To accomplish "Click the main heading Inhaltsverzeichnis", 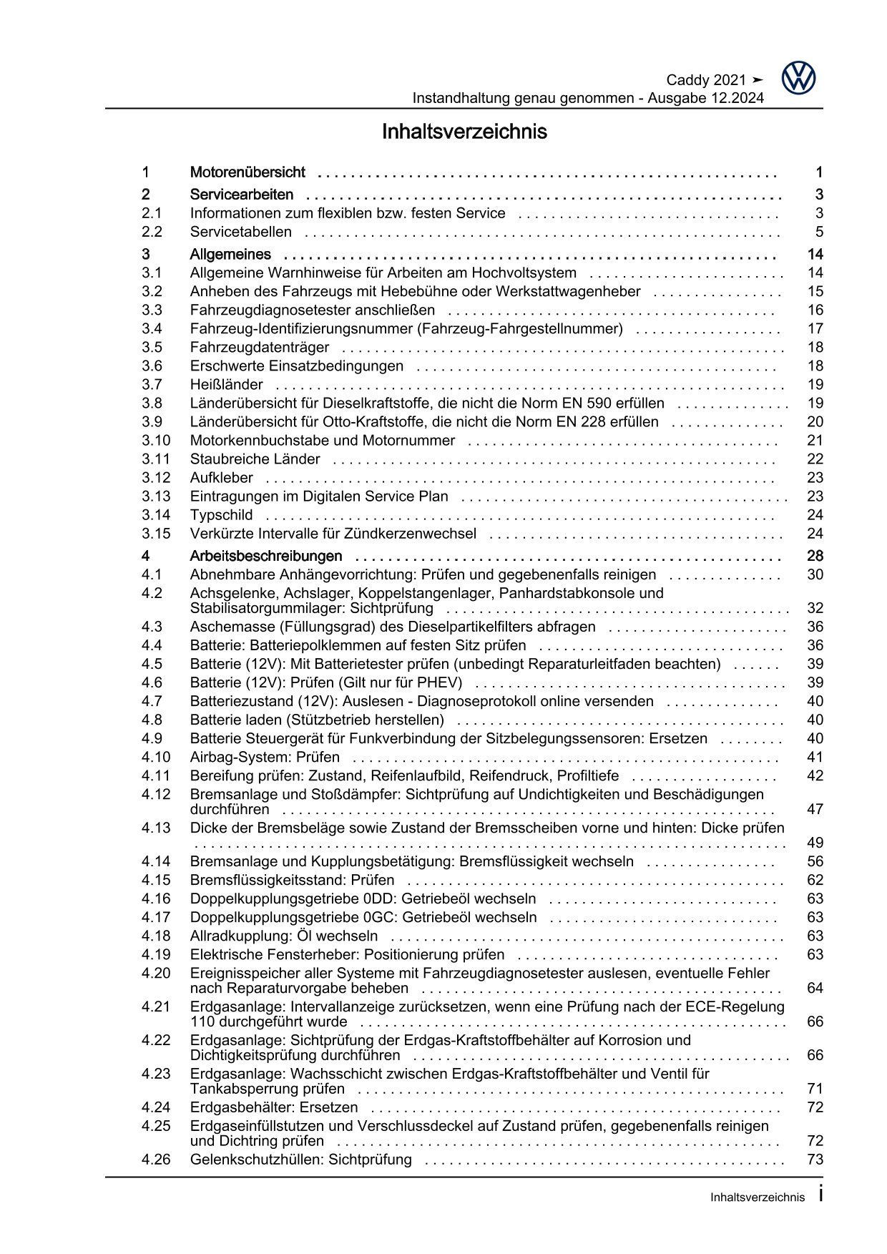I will (x=464, y=132).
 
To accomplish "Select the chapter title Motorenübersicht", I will (x=248, y=172).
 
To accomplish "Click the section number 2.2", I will (x=152, y=232).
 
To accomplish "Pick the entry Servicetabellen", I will (x=241, y=232).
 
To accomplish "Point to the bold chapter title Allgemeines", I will (x=230, y=255).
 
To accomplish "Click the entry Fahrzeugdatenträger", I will (x=260, y=348).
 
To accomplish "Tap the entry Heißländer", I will (x=226, y=385).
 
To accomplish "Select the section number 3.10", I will (x=156, y=441).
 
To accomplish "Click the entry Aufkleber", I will (x=222, y=478).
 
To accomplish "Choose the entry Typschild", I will (x=222, y=515).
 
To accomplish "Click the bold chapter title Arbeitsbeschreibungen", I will (x=266, y=557).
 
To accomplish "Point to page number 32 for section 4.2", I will (x=815, y=609).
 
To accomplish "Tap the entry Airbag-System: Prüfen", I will (x=265, y=758).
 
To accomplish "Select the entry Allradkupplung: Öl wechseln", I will (x=284, y=936).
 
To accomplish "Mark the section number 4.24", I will (x=156, y=1108).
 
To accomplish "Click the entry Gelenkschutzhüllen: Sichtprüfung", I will (x=301, y=1160).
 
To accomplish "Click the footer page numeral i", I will (x=820, y=1194).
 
